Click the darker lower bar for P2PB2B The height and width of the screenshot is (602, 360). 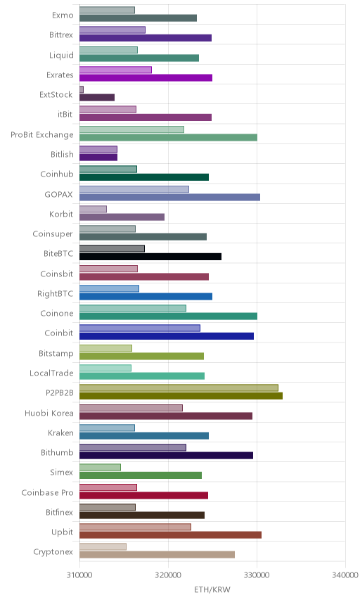click(x=181, y=396)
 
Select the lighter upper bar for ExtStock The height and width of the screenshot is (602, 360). click(x=82, y=89)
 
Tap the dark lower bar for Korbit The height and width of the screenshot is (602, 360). click(x=122, y=217)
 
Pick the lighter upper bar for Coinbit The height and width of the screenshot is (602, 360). click(x=140, y=328)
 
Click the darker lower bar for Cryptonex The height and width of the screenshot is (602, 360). click(x=157, y=555)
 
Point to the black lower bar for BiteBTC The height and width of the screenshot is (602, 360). click(x=150, y=257)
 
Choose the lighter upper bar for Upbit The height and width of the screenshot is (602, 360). click(x=136, y=527)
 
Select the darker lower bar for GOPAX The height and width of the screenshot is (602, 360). click(x=170, y=198)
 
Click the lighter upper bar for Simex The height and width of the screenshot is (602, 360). click(x=100, y=467)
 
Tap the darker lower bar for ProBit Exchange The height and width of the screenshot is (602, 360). click(x=169, y=137)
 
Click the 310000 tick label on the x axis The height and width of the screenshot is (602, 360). click(x=79, y=575)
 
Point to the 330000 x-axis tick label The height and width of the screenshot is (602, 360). click(x=257, y=575)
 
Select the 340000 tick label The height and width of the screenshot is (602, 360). click(x=345, y=575)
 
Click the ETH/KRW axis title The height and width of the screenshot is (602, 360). click(x=212, y=590)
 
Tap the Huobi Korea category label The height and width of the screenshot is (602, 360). click(x=49, y=413)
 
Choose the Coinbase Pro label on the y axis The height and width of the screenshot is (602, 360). click(x=47, y=492)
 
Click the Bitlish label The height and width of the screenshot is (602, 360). click(x=62, y=154)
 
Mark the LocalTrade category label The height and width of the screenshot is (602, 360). click(x=51, y=373)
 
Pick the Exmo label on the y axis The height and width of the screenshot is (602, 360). click(x=63, y=15)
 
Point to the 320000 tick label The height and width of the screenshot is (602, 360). click(x=168, y=575)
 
